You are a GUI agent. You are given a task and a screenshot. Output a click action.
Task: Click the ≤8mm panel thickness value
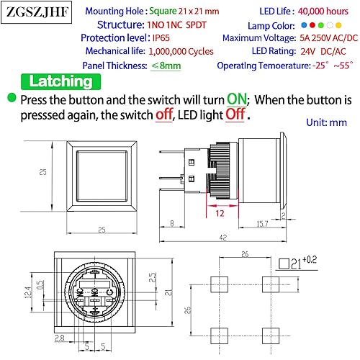(x=166, y=66)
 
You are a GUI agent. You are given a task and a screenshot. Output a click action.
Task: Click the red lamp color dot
(x=310, y=25)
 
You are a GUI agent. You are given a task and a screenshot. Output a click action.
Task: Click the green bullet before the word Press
(x=12, y=99)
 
